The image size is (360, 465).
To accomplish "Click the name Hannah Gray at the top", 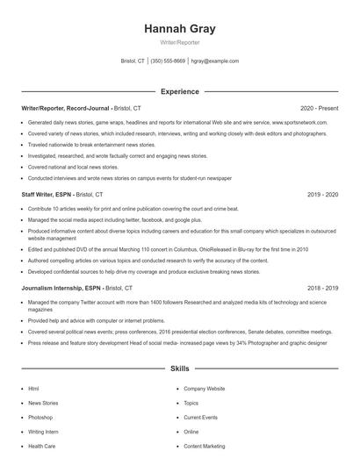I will coord(179,29).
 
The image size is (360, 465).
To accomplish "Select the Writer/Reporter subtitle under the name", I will coord(179,43).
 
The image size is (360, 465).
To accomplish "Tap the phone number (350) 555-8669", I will coord(168,61).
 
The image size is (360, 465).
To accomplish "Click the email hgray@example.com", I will coord(215,61).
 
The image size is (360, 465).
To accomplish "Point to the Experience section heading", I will coord(179,91).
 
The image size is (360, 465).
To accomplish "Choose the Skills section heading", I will coord(179,369).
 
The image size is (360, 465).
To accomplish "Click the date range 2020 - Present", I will coord(319,107).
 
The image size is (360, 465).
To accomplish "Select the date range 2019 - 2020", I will coord(321,194).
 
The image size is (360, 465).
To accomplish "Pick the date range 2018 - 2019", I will coord(321,288).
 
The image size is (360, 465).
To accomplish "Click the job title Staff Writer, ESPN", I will coord(47,194).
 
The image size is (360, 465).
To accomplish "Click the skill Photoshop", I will coord(40,417).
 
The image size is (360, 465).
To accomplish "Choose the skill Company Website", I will coord(204,388).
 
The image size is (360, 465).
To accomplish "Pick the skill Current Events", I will coord(200,417).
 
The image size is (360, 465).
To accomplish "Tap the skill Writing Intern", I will coord(43,432).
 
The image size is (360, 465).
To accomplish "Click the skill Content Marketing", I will coord(205,447).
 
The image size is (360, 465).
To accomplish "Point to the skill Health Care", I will coord(41,447).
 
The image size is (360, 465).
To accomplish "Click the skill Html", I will coord(33,388).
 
